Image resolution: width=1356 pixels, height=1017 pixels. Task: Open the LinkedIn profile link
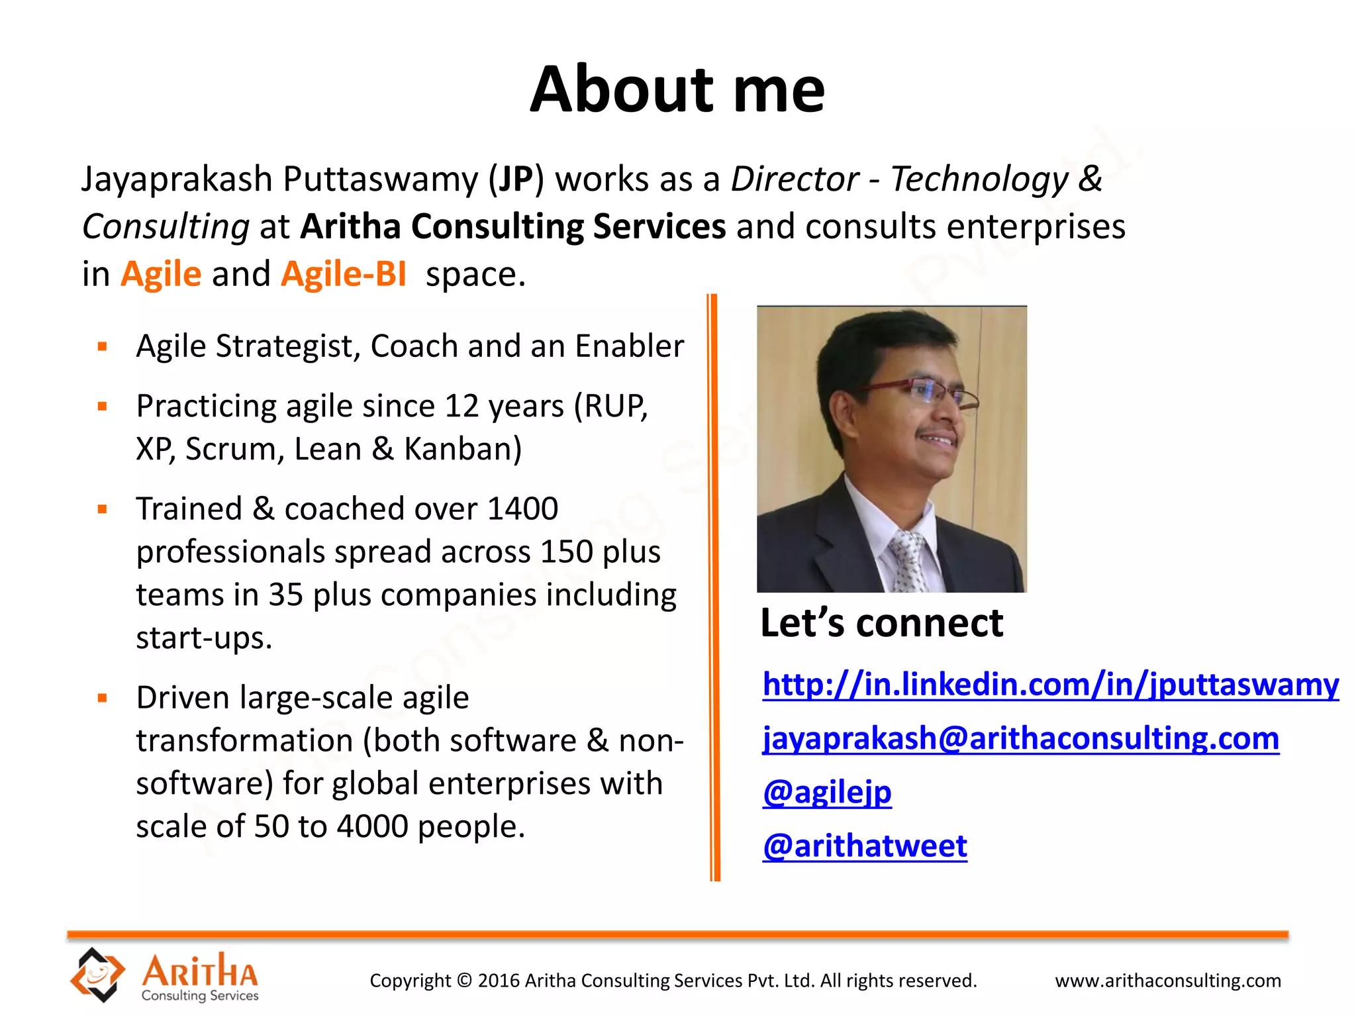click(x=1050, y=684)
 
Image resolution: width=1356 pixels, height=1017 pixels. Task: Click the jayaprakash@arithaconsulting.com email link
click(x=1020, y=738)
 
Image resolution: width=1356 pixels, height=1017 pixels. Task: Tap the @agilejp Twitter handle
click(x=827, y=792)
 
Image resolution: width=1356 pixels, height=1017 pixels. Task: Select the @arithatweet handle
click(x=865, y=846)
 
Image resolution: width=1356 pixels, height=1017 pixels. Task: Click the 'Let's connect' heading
click(x=881, y=623)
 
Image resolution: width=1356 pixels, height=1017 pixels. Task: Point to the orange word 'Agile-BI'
click(x=344, y=274)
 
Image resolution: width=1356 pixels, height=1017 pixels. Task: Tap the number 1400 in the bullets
click(x=522, y=509)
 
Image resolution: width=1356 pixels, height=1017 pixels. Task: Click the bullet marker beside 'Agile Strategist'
click(x=103, y=346)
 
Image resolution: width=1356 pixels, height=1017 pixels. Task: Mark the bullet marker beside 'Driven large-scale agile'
click(x=103, y=698)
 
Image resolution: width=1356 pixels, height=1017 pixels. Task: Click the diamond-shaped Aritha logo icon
click(x=97, y=974)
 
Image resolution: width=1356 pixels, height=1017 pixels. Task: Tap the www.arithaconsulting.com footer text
click(x=1168, y=981)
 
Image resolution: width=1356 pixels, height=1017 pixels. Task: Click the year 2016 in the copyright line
click(x=499, y=981)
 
